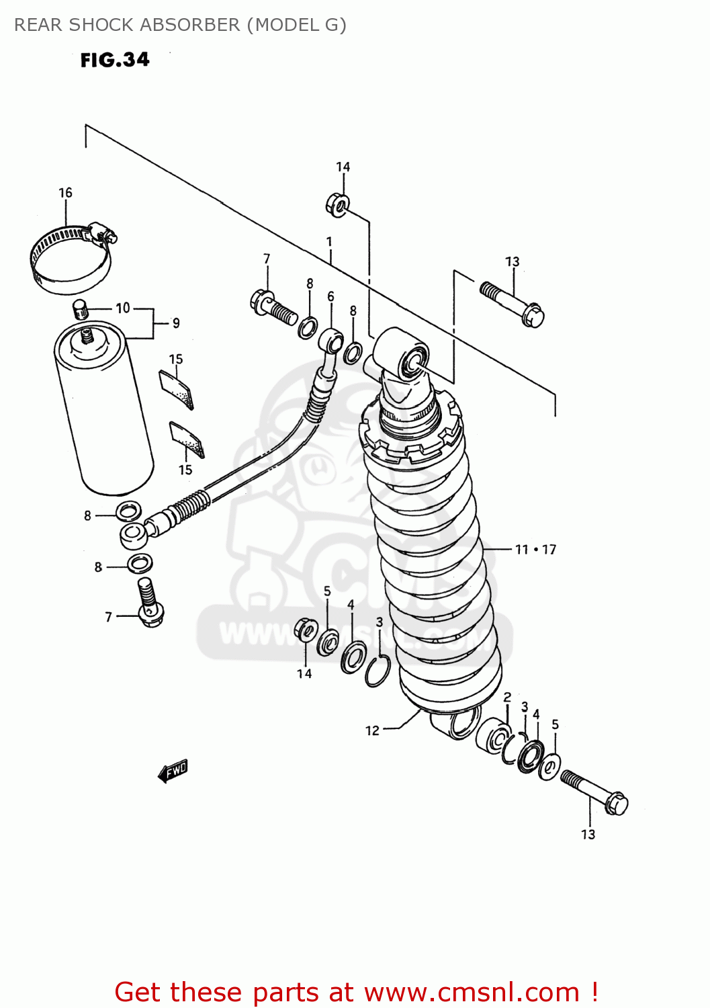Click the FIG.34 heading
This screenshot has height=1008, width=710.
115,60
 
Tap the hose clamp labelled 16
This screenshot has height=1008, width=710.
70,259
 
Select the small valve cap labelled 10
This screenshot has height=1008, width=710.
80,310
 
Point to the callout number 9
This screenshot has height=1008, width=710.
176,323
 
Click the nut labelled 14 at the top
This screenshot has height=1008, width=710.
337,205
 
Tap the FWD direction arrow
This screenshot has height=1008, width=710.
173,771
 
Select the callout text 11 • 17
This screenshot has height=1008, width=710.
535,550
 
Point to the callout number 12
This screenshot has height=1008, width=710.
372,730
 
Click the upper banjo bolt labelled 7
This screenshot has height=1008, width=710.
273,308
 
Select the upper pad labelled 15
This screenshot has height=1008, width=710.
177,389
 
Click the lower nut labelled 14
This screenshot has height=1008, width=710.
306,630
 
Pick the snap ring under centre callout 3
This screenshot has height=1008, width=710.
378,671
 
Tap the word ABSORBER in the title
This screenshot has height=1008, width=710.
191,25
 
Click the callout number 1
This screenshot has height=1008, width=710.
330,242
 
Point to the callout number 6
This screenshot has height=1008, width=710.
330,296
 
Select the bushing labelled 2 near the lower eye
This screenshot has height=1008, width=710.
493,737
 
